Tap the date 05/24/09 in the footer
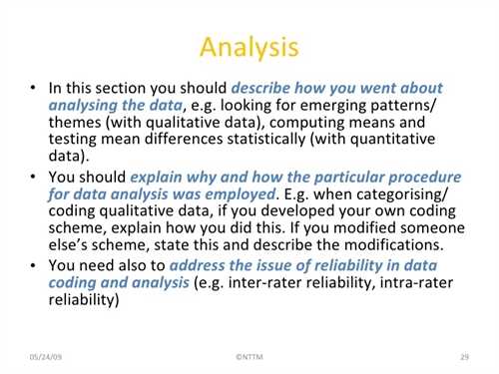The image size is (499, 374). click(x=46, y=357)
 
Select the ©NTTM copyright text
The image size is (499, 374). click(x=249, y=357)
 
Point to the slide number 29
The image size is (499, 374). click(x=465, y=357)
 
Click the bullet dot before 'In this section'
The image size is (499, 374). click(x=33, y=88)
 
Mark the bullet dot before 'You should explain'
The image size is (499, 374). click(x=33, y=177)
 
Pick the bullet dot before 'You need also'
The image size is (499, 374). click(x=33, y=265)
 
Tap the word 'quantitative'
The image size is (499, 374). click(x=392, y=140)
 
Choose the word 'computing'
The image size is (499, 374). click(x=307, y=123)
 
